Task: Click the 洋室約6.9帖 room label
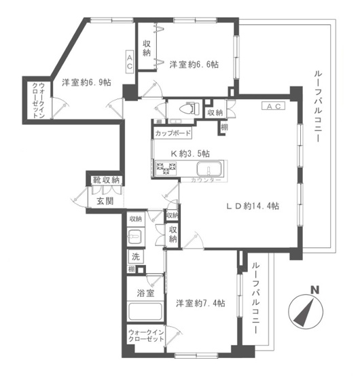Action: click(x=86, y=82)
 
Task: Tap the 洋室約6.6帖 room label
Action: click(x=194, y=65)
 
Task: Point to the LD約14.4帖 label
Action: click(x=253, y=207)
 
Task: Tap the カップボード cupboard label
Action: click(x=173, y=134)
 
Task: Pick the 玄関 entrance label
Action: click(x=105, y=201)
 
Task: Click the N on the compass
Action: click(x=314, y=291)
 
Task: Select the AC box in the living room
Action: click(x=274, y=107)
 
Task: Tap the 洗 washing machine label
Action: click(x=136, y=257)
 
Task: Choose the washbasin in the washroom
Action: click(x=136, y=238)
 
